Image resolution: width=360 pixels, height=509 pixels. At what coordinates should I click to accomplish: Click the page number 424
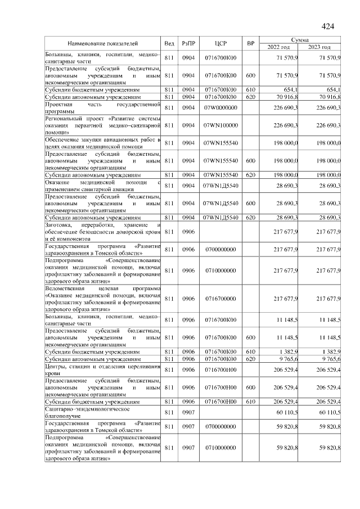point(328,26)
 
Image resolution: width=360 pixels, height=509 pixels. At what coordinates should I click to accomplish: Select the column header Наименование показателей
point(103,43)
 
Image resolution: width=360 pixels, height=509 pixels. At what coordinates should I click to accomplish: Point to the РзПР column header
point(188,43)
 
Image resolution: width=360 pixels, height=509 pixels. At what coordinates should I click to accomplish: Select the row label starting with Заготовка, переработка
point(103,232)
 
